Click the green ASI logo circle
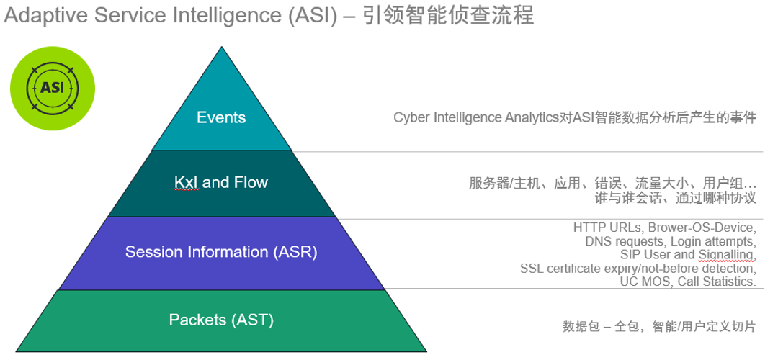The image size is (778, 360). click(53, 88)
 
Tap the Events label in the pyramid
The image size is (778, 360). click(221, 117)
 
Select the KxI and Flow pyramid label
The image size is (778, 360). click(221, 183)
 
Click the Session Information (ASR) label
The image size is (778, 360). click(221, 252)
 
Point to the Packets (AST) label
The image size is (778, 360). click(221, 320)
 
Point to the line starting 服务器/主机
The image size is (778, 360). click(612, 183)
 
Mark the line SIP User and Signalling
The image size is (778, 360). click(687, 254)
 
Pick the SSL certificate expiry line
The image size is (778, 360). click(638, 268)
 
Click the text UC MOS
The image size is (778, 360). click(645, 282)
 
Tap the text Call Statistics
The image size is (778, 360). click(717, 282)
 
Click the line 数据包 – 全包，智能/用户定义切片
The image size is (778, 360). click(658, 327)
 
